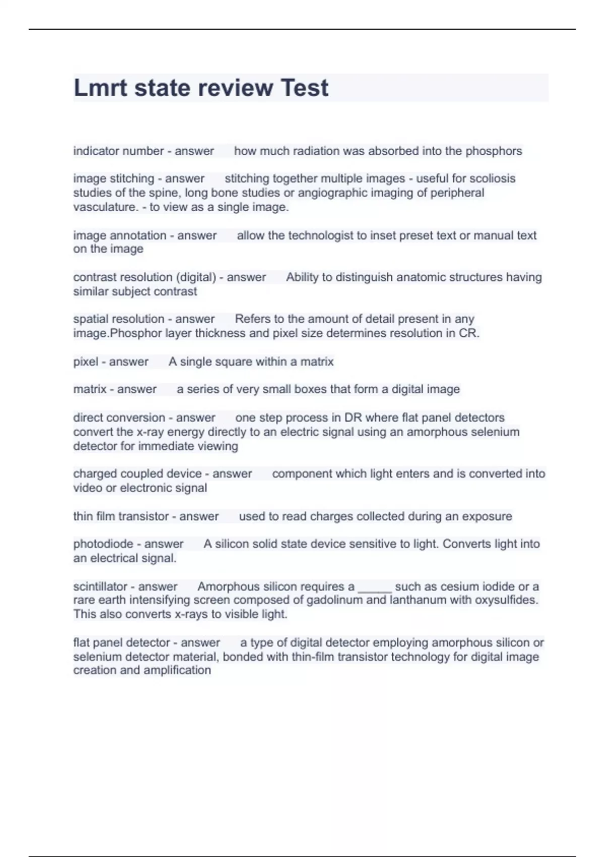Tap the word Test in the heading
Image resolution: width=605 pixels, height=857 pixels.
[x=304, y=88]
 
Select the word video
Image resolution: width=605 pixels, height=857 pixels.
[x=88, y=488]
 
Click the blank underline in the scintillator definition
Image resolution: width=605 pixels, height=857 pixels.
[x=375, y=588]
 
